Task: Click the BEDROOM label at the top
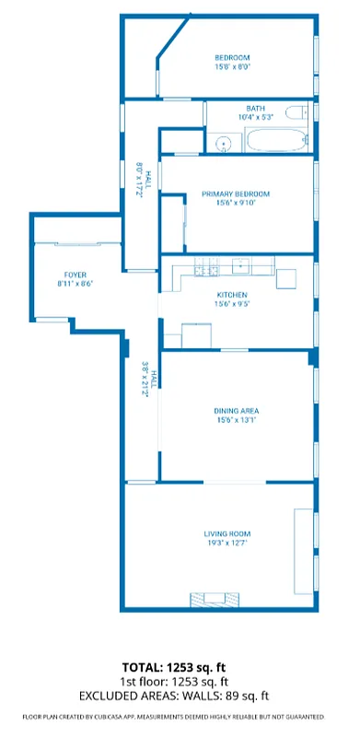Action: [x=232, y=57]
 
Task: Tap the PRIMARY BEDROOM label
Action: [x=235, y=193]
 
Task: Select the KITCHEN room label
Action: [x=233, y=295]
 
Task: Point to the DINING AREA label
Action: [x=235, y=411]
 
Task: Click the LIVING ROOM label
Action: [x=227, y=534]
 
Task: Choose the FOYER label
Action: [x=75, y=275]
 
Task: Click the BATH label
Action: [x=255, y=109]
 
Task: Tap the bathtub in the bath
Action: [x=275, y=142]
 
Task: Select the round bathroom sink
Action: [x=222, y=144]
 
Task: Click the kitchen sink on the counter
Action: [x=241, y=267]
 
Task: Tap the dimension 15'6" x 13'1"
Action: [x=235, y=420]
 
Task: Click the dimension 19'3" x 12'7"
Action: [x=227, y=544]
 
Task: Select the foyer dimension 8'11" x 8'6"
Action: [x=75, y=284]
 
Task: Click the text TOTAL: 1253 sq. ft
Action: [x=174, y=666]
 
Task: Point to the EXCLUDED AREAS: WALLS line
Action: [x=174, y=696]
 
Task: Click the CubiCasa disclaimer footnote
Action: [x=174, y=716]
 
